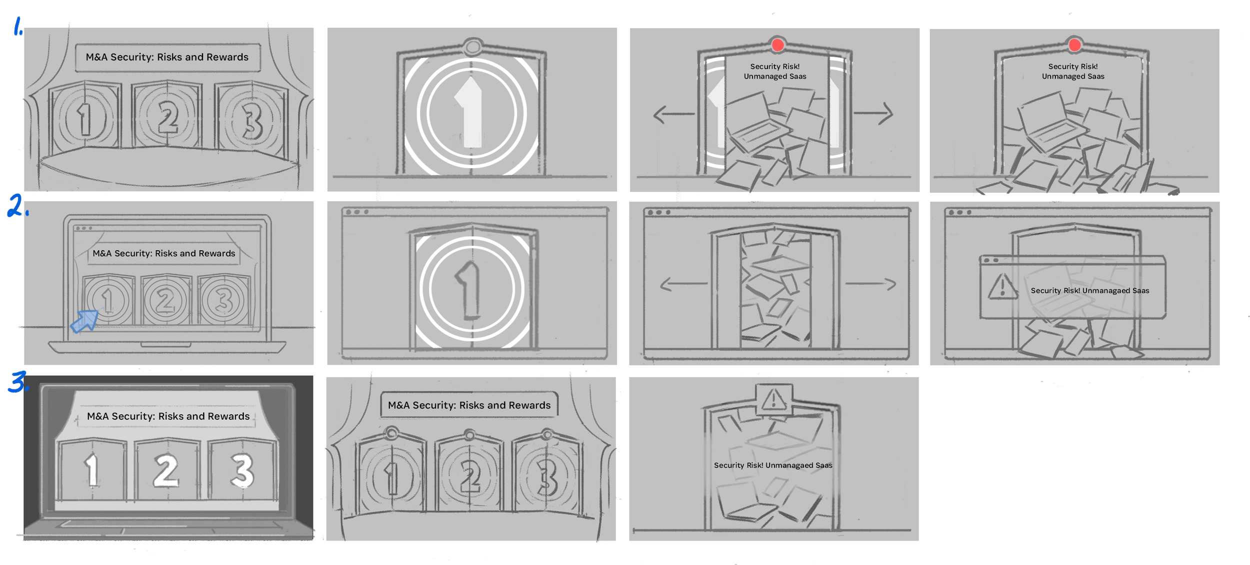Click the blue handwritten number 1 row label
[x=18, y=26]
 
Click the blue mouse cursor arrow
[x=84, y=321]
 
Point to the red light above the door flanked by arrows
[x=777, y=45]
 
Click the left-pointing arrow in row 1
[x=673, y=114]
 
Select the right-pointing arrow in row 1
[x=873, y=113]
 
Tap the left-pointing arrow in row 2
[x=683, y=284]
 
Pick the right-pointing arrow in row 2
[x=870, y=284]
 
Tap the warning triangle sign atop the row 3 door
[x=773, y=399]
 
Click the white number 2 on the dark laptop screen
[x=165, y=470]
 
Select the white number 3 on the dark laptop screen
[x=242, y=470]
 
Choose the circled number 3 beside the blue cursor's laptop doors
[x=223, y=300]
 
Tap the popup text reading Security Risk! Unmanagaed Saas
[x=1090, y=291]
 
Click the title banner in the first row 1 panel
[x=167, y=58]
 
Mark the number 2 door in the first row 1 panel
[x=167, y=116]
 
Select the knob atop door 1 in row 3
[x=392, y=432]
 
